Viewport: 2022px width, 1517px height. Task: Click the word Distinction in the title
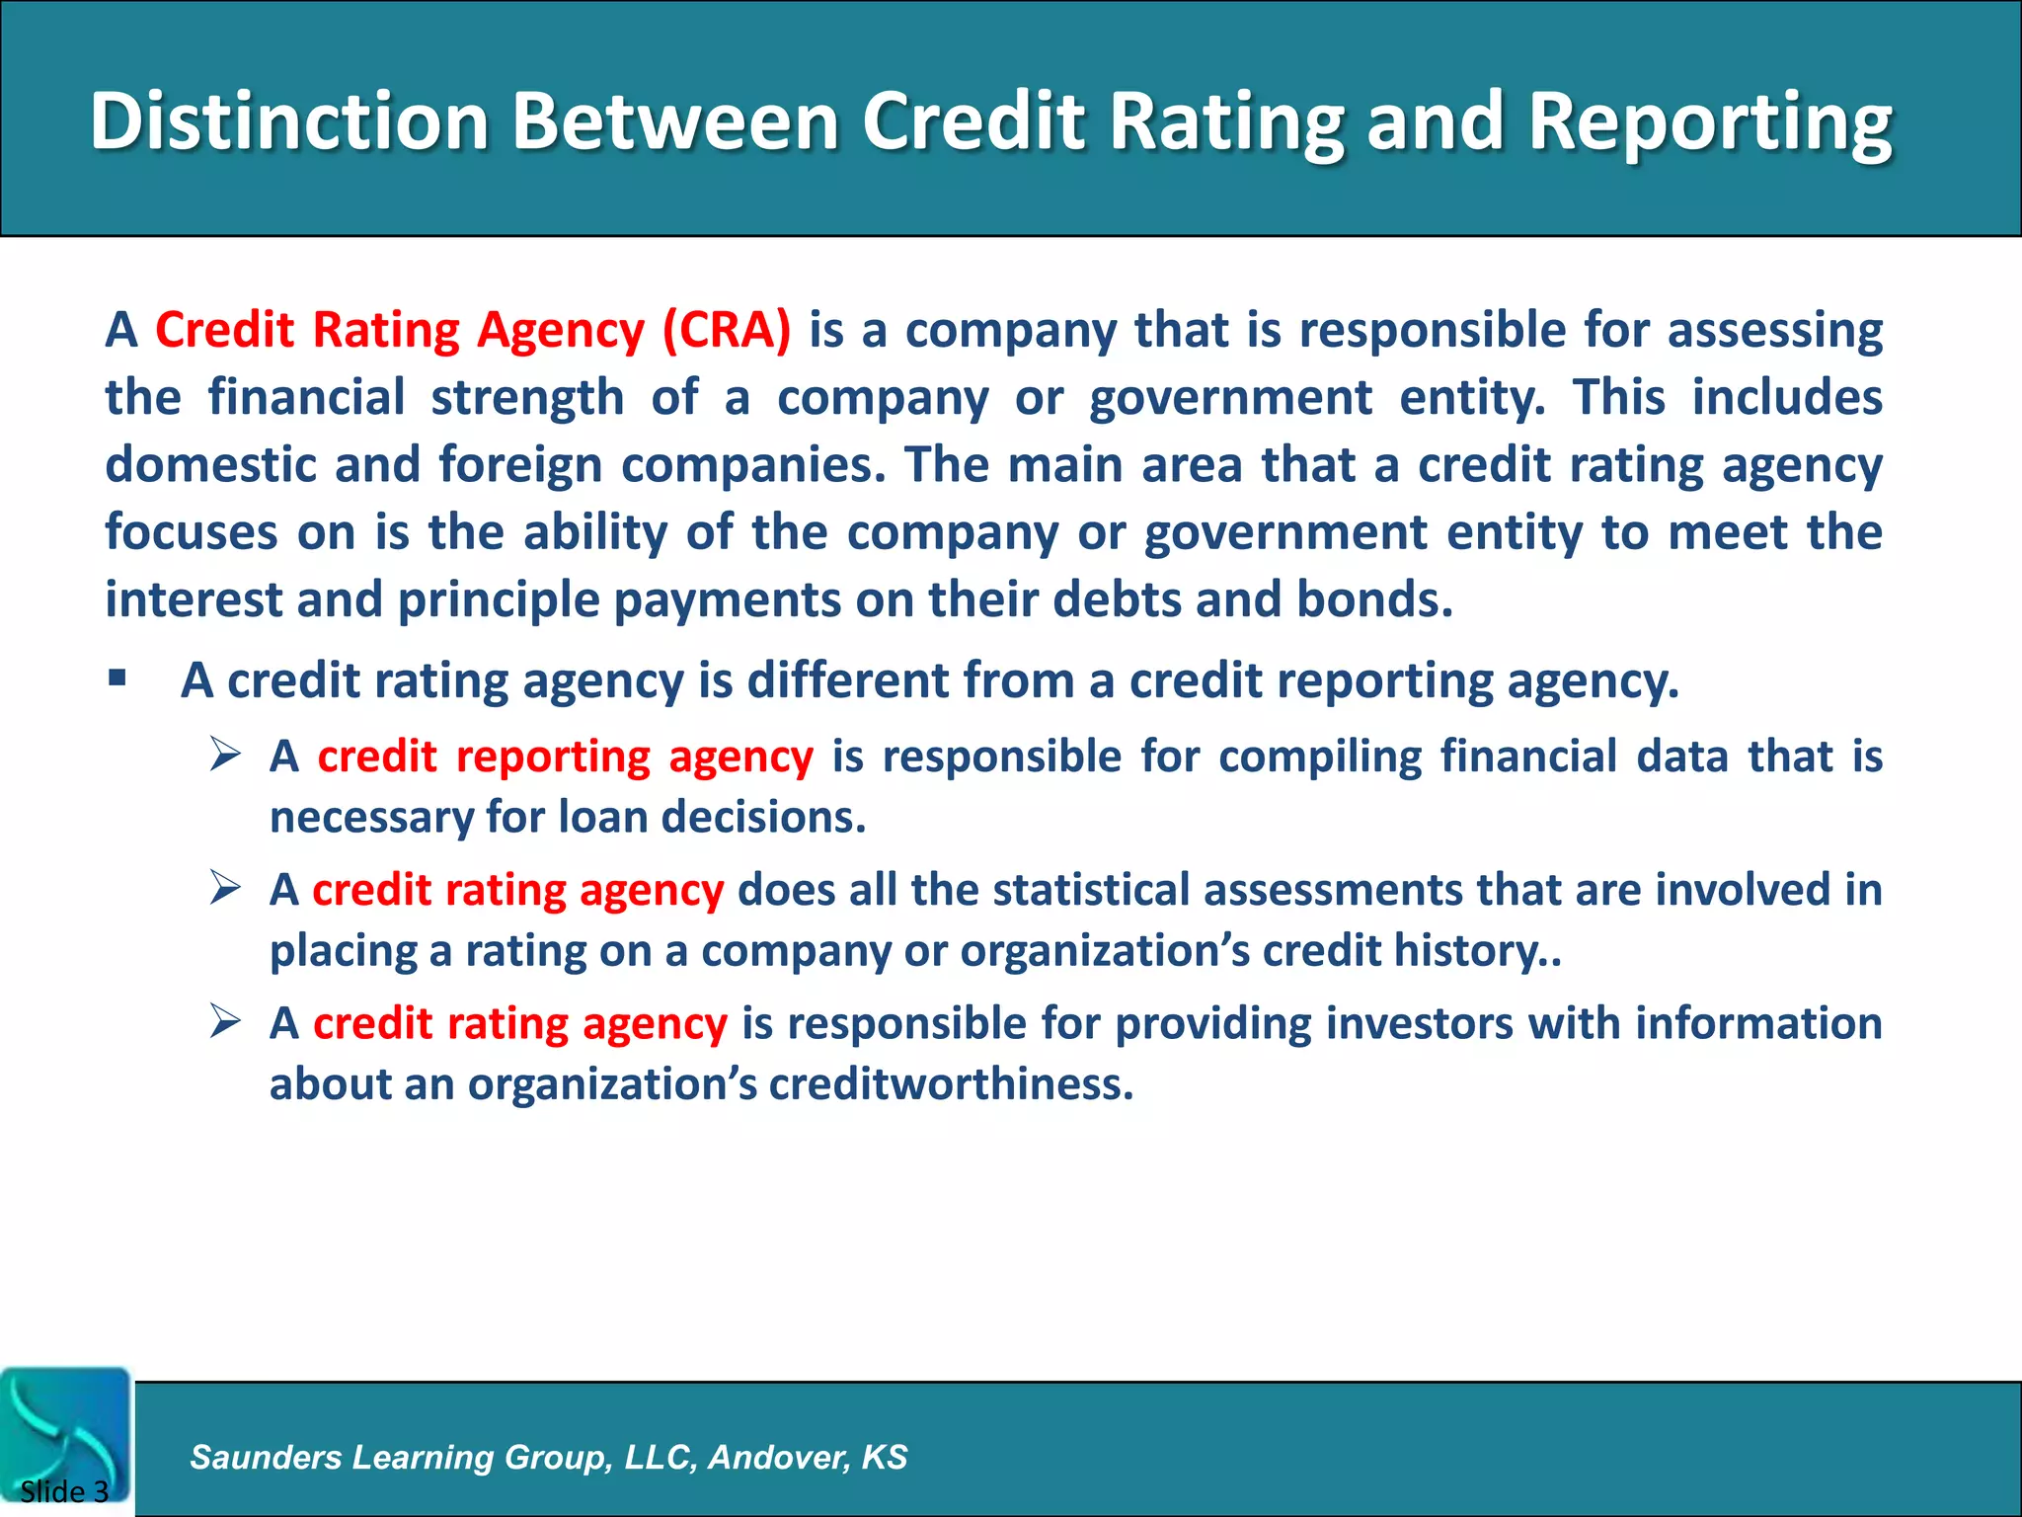[x=289, y=120]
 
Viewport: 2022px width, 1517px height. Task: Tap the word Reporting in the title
[x=1710, y=122]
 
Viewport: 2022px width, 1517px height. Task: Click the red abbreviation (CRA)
[x=727, y=330]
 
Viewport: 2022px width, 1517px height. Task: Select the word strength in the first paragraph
[x=527, y=398]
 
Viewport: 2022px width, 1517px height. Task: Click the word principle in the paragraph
[x=499, y=600]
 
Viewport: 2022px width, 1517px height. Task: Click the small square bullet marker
[x=117, y=679]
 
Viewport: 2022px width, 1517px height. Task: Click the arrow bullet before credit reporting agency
[x=225, y=756]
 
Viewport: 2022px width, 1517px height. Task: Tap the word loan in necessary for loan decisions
[x=602, y=818]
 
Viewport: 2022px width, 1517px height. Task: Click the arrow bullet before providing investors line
[x=225, y=1022]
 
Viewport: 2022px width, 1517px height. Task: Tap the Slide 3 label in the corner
[x=64, y=1491]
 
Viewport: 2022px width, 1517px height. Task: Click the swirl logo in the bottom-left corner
[x=65, y=1427]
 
